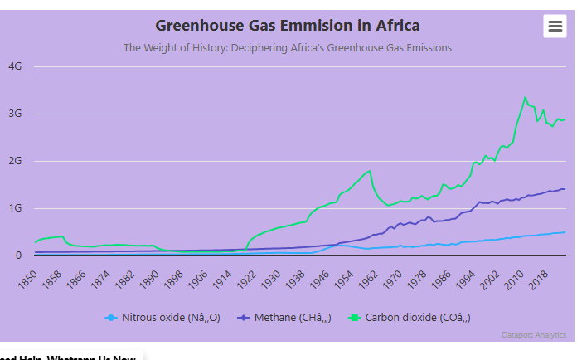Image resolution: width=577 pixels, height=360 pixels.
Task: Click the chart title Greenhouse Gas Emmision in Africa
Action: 288,26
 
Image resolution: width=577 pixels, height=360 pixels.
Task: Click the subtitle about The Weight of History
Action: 288,48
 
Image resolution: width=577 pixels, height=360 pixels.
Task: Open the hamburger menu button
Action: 555,27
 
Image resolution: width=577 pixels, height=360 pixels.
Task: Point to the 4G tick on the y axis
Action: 15,66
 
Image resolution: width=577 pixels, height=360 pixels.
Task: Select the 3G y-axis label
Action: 15,114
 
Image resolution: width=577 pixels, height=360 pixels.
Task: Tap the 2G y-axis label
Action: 15,161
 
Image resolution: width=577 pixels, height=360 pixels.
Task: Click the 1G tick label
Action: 15,208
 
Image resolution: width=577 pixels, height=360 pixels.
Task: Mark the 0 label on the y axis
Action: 17,255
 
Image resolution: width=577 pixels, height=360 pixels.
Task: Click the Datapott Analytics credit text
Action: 534,335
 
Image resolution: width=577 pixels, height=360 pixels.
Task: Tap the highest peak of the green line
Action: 525,97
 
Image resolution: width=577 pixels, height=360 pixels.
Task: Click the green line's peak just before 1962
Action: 370,171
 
